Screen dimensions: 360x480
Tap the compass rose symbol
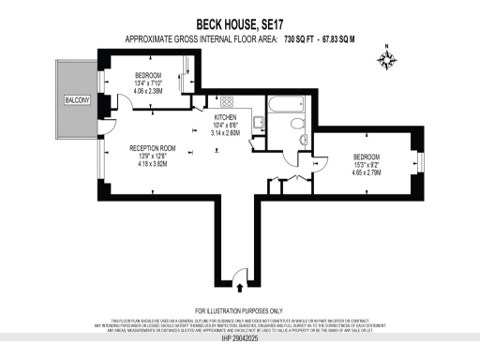(x=386, y=59)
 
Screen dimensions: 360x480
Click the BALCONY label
(x=76, y=99)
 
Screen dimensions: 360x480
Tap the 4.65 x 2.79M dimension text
(x=367, y=173)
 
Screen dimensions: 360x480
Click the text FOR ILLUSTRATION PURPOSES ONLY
(x=240, y=310)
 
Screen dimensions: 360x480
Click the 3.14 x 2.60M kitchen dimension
(x=227, y=133)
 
